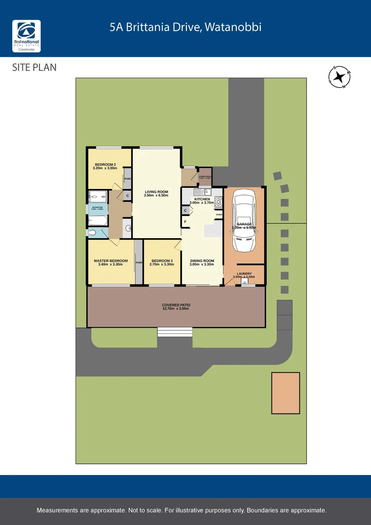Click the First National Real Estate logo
point(26,36)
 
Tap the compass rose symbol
point(340,77)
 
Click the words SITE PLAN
point(34,68)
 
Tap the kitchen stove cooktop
point(218,200)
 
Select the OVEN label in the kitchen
point(219,214)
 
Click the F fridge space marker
point(185,222)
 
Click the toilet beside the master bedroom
point(127,228)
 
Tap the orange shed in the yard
point(286,393)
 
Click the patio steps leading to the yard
point(174,332)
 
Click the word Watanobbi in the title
point(233,27)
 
